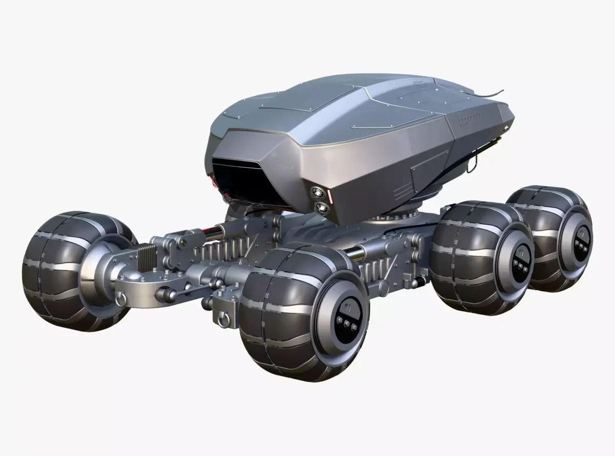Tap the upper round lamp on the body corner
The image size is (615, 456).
tap(315, 193)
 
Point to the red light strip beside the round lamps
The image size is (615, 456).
tap(331, 198)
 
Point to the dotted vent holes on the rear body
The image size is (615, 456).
tap(471, 120)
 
